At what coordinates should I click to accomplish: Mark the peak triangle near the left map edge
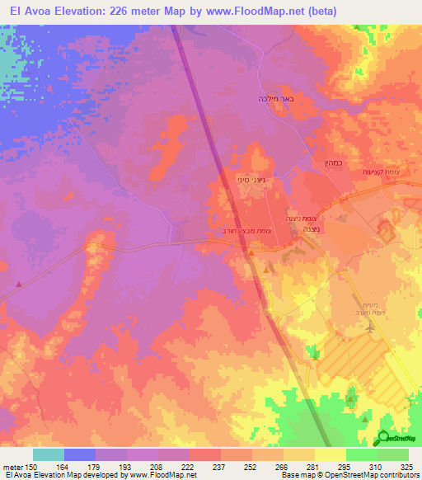18,285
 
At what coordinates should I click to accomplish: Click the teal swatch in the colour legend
49,454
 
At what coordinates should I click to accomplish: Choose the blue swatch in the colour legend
80,454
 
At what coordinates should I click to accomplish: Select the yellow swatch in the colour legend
331,454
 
